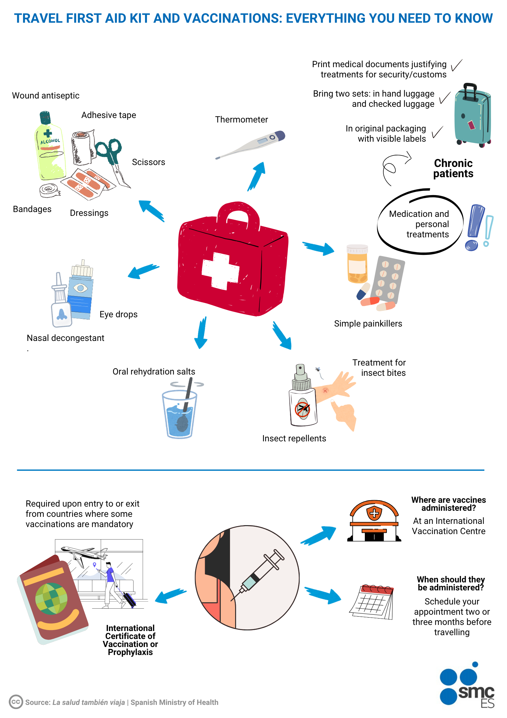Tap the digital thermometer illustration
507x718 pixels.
(252, 144)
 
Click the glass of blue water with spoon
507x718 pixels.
(180, 413)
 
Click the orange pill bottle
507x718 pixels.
(357, 264)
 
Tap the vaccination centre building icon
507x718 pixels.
(374, 521)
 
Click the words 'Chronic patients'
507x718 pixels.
(453, 168)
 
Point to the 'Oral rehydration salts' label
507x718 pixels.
(154, 372)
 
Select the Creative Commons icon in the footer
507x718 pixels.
(16, 702)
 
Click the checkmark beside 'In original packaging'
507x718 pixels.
(438, 132)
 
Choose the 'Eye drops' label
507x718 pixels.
(119, 314)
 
